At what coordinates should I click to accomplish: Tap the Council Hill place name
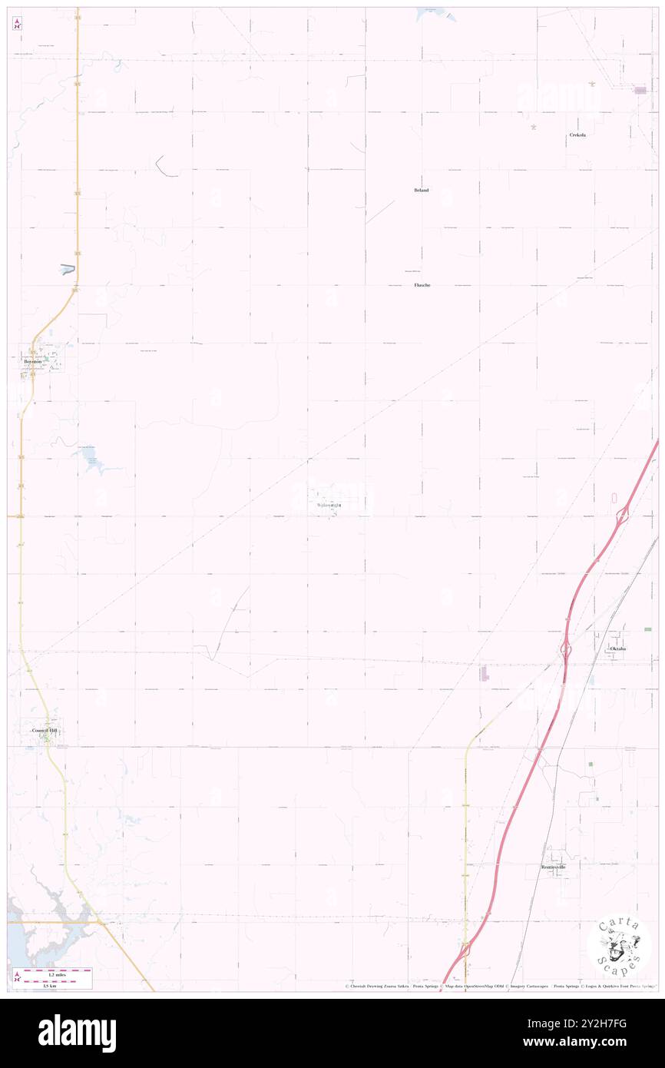click(x=44, y=730)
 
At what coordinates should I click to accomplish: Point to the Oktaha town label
click(x=617, y=648)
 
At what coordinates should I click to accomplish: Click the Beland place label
click(x=422, y=189)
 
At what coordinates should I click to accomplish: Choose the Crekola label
click(x=577, y=134)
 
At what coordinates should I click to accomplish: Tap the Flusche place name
click(x=422, y=285)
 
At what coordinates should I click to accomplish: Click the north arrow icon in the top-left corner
click(x=17, y=24)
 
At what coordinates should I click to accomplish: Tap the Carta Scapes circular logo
click(x=618, y=945)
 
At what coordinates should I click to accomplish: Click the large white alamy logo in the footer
click(x=77, y=1033)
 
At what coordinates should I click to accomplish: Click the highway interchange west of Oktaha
click(x=564, y=650)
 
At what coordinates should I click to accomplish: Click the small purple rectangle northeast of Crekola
click(x=639, y=90)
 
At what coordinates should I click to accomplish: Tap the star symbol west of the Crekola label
click(x=533, y=127)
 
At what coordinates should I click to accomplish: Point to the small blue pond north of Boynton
click(x=68, y=269)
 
